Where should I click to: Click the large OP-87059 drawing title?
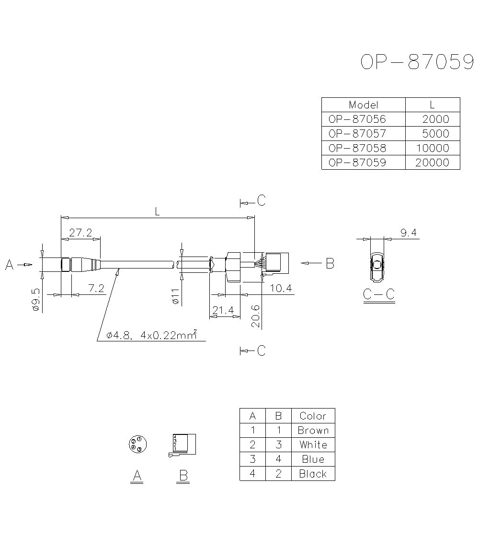coord(417,62)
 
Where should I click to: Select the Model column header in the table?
coord(363,105)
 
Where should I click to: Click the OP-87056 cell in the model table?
coord(357,119)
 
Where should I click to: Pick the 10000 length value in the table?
coord(432,148)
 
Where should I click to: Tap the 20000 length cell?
coord(432,163)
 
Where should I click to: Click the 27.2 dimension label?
coord(80,233)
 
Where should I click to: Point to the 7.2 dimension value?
coord(96,288)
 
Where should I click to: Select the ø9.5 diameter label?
coord(35,300)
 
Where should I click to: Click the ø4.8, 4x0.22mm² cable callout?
coord(152,335)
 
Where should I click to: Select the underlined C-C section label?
coord(378,294)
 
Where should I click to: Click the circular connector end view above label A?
coord(137,444)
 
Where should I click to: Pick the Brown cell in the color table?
coord(313,430)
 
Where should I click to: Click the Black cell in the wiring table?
coord(313,474)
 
